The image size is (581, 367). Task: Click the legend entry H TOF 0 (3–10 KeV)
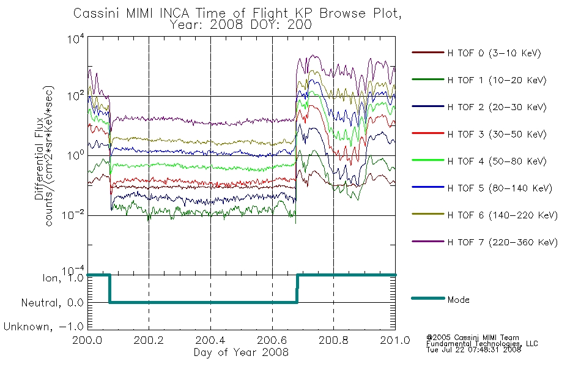[476, 53]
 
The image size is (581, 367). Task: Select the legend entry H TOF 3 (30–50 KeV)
[479, 134]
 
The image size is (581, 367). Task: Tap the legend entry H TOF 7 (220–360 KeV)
[484, 242]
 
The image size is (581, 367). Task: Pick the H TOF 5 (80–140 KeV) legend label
[500, 188]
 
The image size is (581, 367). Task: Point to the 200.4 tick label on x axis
[210, 340]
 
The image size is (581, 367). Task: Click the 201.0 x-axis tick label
[395, 340]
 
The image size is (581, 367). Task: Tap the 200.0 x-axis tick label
[87, 340]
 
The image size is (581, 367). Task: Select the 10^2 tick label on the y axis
[76, 95]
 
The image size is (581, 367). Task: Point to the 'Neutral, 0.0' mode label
[52, 303]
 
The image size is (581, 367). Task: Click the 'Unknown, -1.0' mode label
[43, 327]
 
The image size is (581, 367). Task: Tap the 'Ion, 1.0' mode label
[63, 278]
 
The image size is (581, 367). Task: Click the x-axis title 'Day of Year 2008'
[241, 352]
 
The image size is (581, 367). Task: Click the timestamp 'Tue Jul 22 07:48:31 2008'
[473, 350]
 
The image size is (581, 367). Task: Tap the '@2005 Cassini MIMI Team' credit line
[472, 338]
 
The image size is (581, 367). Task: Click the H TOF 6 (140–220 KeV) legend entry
[484, 215]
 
